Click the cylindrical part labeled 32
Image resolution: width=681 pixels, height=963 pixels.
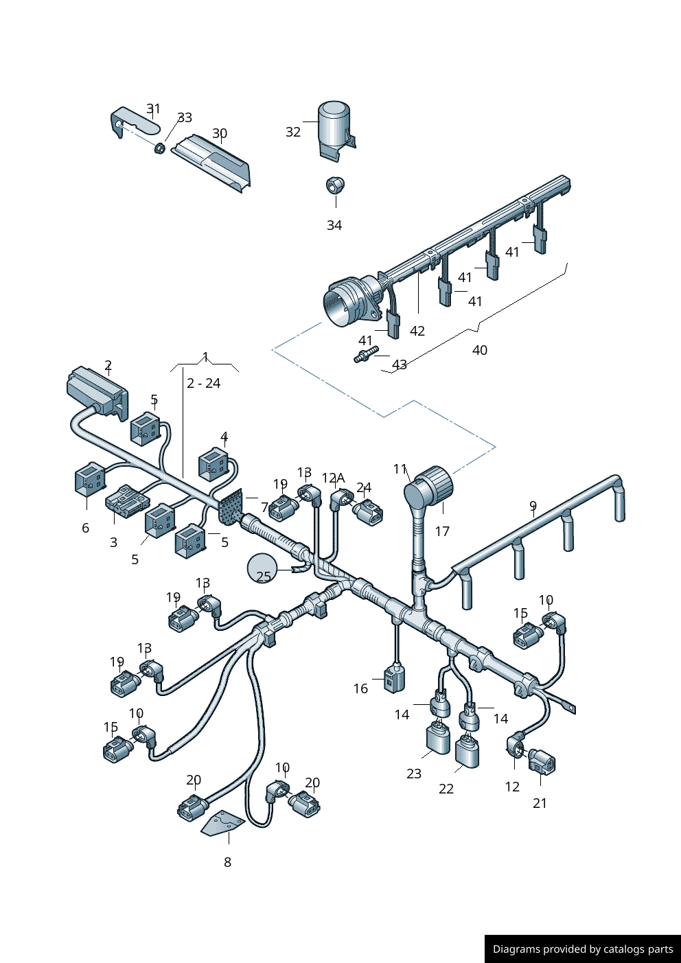pyautogui.click(x=334, y=127)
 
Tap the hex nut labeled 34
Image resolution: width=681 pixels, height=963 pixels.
pyautogui.click(x=335, y=185)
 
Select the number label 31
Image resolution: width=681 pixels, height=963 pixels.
pyautogui.click(x=153, y=108)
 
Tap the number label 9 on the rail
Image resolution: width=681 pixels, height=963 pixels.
pyautogui.click(x=533, y=507)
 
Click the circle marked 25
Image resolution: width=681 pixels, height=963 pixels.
pyautogui.click(x=263, y=568)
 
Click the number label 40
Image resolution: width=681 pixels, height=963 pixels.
pyautogui.click(x=480, y=350)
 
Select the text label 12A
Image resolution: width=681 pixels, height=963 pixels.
pyautogui.click(x=333, y=478)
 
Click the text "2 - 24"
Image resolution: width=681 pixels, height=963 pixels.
pyautogui.click(x=203, y=383)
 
